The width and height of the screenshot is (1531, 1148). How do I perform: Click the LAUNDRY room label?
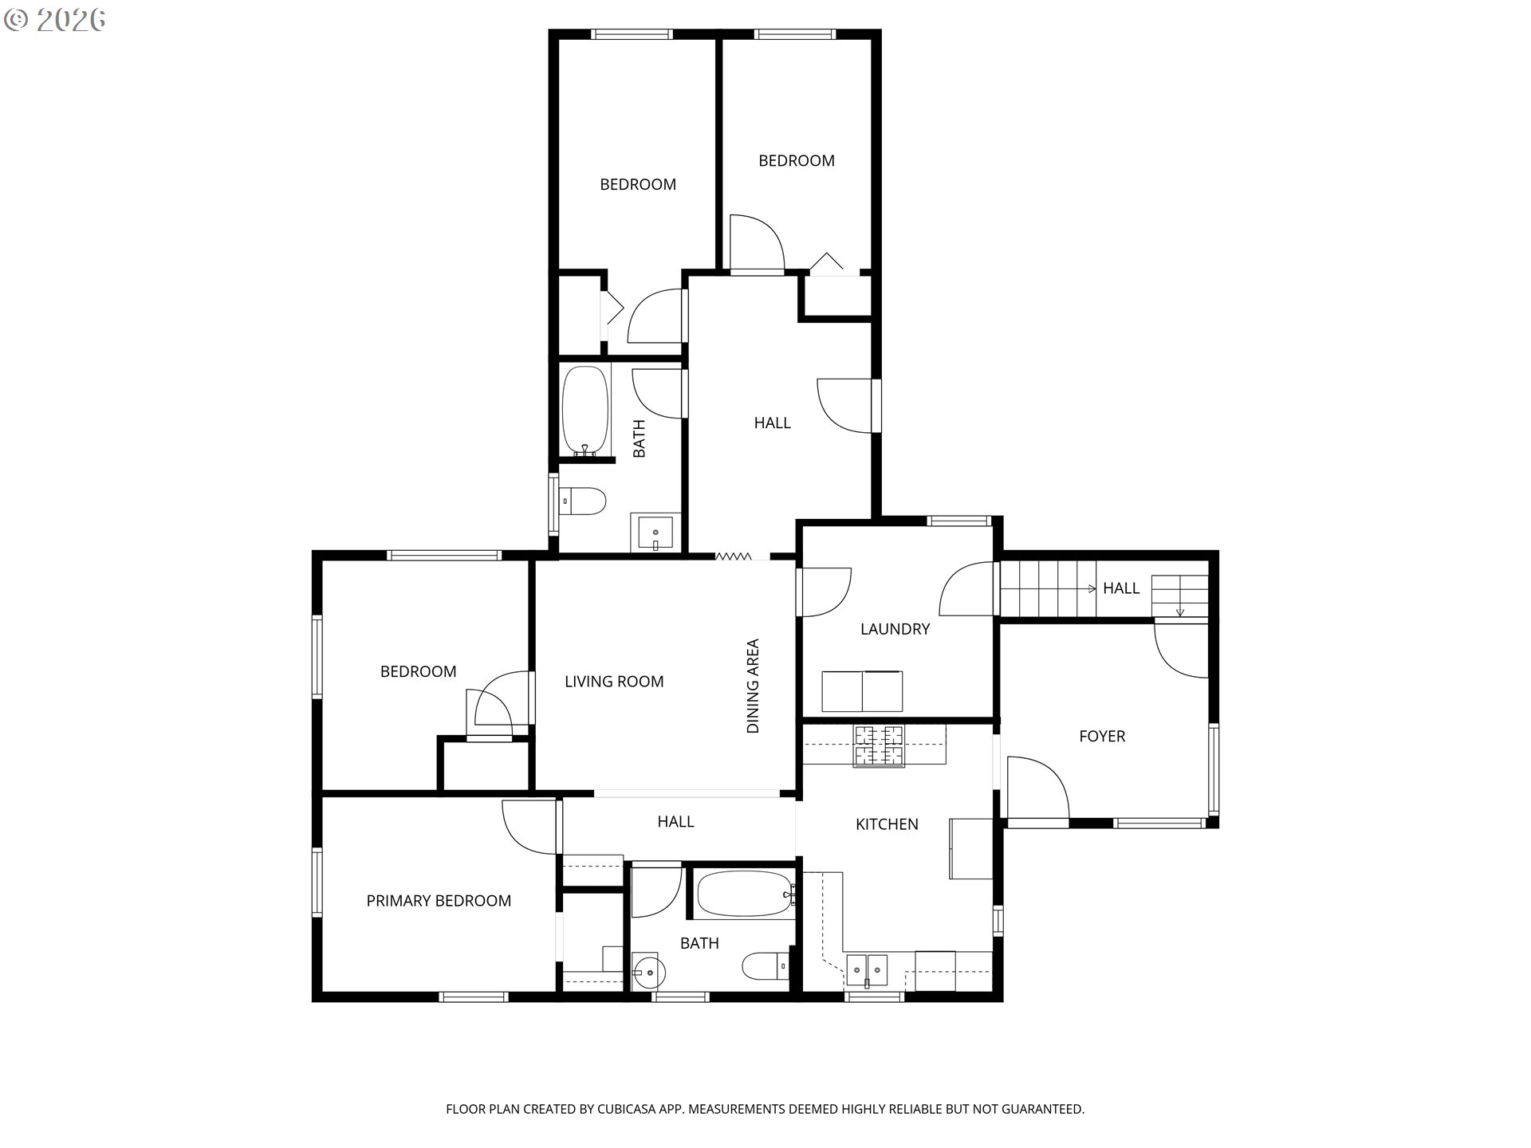tap(895, 629)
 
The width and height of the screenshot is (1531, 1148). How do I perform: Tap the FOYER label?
tap(1102, 737)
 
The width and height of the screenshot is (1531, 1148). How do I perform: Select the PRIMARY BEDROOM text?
tap(439, 901)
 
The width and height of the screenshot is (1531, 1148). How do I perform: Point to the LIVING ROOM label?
tap(614, 682)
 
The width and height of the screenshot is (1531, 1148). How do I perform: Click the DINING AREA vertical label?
tap(753, 686)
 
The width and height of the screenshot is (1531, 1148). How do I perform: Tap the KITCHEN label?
tap(887, 824)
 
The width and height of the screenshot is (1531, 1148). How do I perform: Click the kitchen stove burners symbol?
tap(880, 745)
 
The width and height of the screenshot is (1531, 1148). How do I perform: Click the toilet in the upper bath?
tap(583, 501)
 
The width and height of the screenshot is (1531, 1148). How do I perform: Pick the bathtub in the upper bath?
tap(585, 411)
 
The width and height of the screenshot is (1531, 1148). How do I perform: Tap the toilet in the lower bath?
tap(765, 966)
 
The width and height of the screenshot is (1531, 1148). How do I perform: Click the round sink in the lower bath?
tap(646, 971)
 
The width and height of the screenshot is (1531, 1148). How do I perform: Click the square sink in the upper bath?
tap(655, 532)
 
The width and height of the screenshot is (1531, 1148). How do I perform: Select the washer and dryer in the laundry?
tap(862, 691)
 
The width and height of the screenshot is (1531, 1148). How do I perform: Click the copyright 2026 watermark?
tap(55, 20)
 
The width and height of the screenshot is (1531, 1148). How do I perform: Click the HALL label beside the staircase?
tap(1121, 588)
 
